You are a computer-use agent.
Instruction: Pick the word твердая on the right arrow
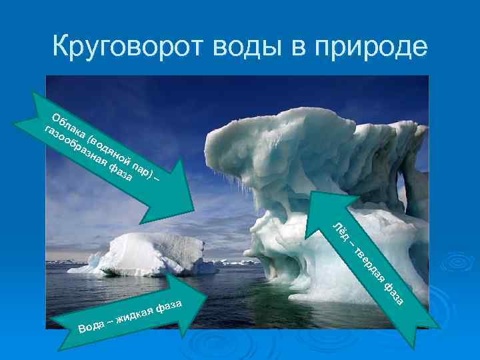(369, 264)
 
